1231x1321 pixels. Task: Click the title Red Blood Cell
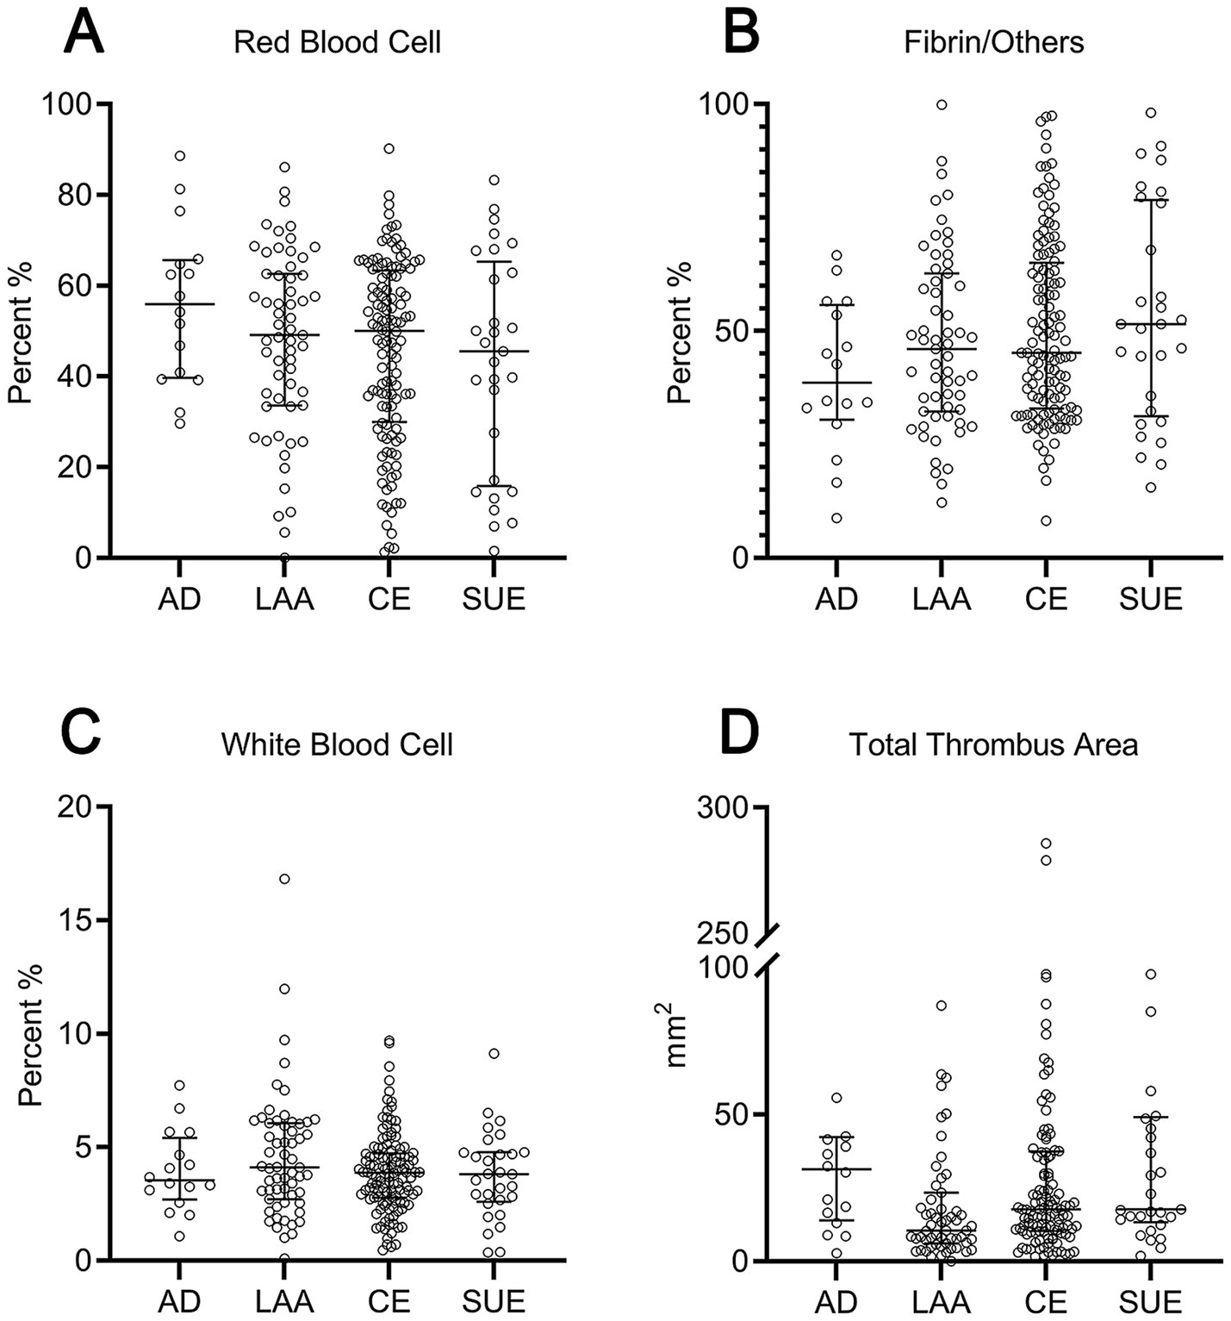point(337,42)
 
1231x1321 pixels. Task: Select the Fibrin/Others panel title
point(993,42)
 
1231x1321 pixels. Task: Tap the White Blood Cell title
point(337,745)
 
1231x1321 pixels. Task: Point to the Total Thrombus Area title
point(993,745)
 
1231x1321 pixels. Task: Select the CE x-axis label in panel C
point(389,1300)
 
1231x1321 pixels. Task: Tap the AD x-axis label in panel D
point(836,1300)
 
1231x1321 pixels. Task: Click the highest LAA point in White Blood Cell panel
point(284,879)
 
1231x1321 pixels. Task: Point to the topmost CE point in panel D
point(1046,844)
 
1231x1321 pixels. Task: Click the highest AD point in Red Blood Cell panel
point(180,156)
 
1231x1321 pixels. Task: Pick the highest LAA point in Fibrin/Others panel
point(942,105)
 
